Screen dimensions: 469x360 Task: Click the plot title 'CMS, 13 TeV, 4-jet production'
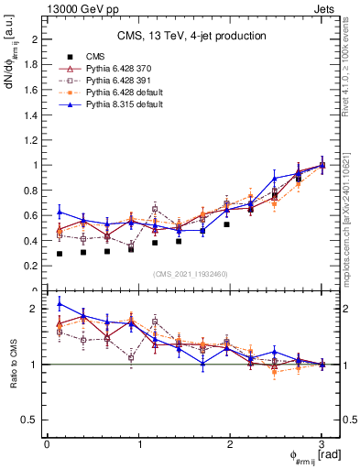pyautogui.click(x=191, y=36)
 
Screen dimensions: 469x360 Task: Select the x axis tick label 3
pyautogui.click(x=322, y=443)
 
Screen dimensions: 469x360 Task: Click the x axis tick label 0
pyautogui.click(x=47, y=443)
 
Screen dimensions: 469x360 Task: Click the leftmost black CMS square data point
pyautogui.click(x=59, y=254)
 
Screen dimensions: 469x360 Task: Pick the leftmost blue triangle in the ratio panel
pyautogui.click(x=59, y=304)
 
